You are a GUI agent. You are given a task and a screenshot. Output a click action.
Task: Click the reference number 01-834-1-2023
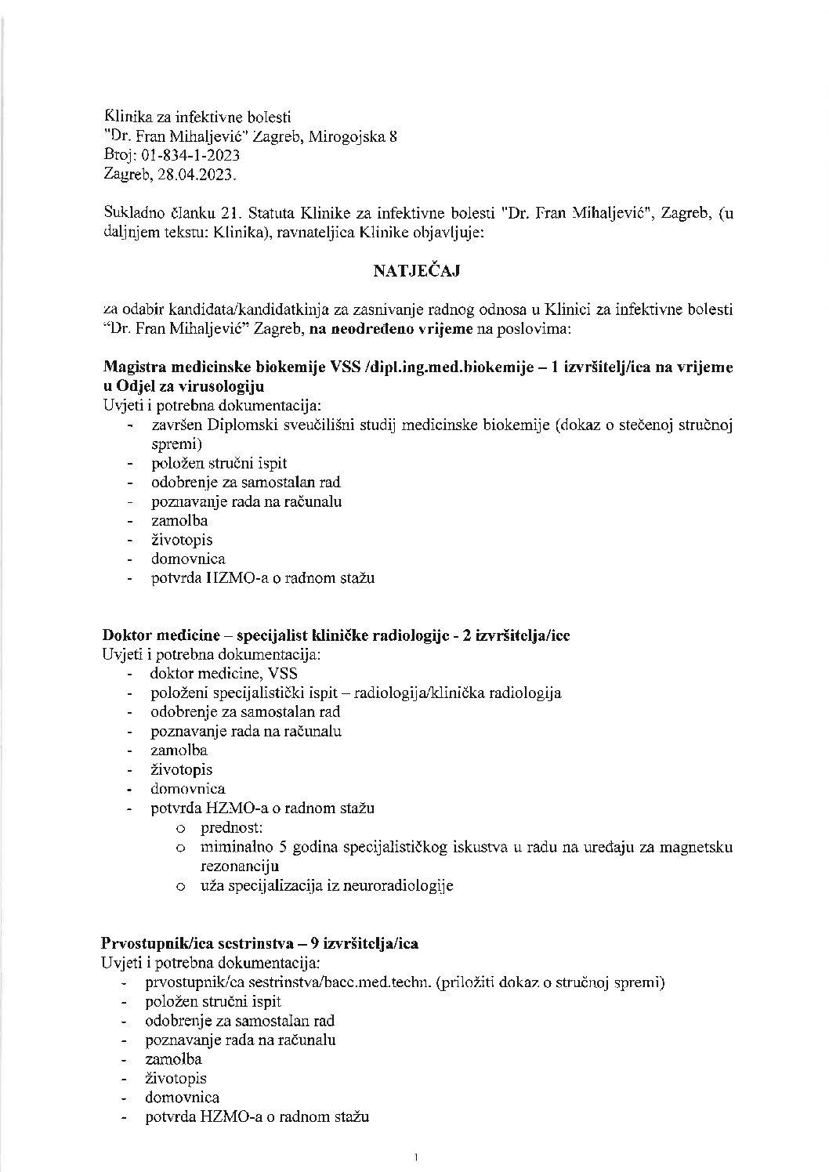(x=187, y=155)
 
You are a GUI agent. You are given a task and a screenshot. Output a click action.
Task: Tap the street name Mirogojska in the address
(x=347, y=136)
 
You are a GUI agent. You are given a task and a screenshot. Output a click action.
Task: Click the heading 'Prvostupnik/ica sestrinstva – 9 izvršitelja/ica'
(x=260, y=943)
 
